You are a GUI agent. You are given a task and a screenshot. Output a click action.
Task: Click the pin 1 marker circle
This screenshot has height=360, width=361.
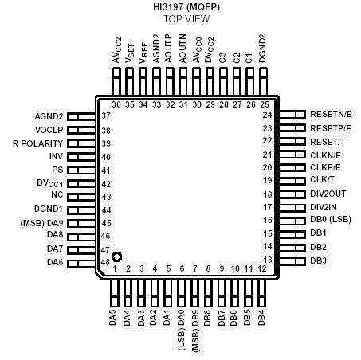[116, 256]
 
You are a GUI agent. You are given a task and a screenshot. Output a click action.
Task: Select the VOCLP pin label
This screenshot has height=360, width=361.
[48, 129]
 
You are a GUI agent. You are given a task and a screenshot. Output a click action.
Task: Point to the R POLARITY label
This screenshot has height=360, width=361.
[38, 143]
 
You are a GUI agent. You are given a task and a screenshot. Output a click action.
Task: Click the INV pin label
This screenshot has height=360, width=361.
[55, 156]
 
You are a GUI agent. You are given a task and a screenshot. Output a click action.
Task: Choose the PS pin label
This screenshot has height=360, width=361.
[57, 170]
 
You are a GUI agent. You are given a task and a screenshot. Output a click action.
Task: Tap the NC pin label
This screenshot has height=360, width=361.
[57, 195]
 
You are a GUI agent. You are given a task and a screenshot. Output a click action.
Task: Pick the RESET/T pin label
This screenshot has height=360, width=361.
[328, 141]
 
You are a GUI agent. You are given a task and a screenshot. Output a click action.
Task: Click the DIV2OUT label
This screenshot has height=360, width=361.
[328, 194]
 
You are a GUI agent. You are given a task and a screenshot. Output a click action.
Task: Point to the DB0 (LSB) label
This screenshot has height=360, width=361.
[332, 220]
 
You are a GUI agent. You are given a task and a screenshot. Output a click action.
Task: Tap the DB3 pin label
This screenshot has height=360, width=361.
[320, 260]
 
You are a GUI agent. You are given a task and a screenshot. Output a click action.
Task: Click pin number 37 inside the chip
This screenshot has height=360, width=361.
[106, 116]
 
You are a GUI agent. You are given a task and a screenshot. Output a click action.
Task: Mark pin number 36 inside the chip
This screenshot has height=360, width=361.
[116, 104]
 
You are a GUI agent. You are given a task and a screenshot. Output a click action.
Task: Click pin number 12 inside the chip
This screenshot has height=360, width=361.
[261, 269]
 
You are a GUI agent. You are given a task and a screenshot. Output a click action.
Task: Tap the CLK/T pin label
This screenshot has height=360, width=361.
[323, 180]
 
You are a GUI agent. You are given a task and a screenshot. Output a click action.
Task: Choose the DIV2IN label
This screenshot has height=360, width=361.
[324, 207]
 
